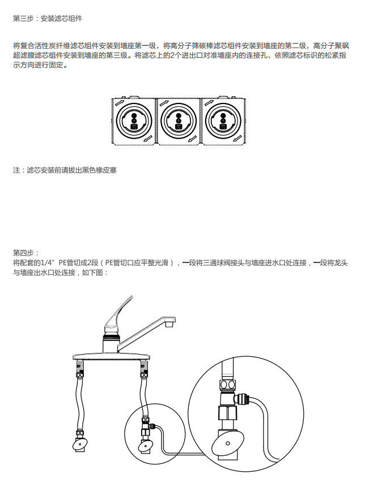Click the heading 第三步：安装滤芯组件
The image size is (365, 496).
[48, 19]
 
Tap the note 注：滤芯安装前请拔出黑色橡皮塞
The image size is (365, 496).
[65, 170]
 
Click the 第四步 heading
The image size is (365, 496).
[26, 253]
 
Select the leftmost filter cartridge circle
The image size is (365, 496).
[134, 121]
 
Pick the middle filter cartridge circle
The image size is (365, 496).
[179, 121]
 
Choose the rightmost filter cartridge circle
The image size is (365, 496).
[223, 121]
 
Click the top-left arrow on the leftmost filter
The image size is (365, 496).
[120, 103]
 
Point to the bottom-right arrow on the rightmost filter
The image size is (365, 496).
[238, 139]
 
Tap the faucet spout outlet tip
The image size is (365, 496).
[170, 323]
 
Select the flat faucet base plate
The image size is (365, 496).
[111, 357]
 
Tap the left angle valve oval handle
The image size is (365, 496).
[79, 445]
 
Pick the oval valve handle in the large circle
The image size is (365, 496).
[227, 443]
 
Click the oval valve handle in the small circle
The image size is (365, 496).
[145, 446]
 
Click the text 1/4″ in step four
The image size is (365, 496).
[49, 263]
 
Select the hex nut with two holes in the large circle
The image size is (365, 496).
[228, 385]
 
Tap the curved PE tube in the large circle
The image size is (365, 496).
[266, 424]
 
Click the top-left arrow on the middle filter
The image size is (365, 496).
[164, 103]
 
